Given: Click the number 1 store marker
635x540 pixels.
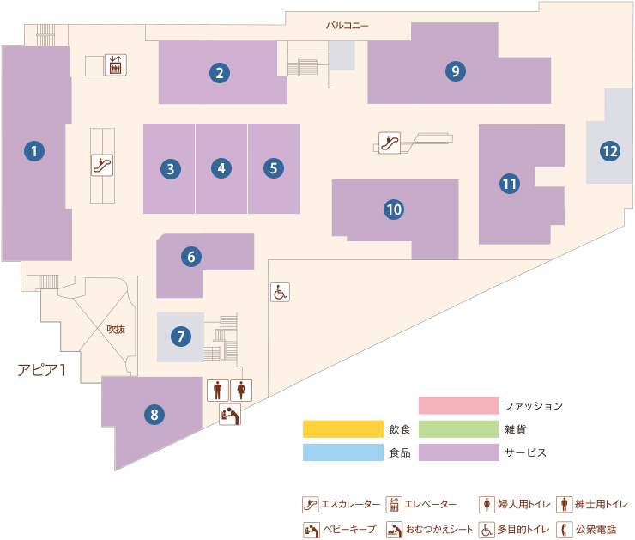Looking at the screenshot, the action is [x=34, y=151].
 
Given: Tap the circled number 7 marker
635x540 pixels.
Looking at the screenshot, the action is [x=180, y=337].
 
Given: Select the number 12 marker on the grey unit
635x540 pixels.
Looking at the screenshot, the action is [x=610, y=151].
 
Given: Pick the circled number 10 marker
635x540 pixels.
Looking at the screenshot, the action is [x=394, y=209].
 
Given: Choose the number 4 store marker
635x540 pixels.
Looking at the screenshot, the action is [x=221, y=168].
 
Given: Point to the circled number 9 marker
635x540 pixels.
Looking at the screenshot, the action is [x=456, y=71].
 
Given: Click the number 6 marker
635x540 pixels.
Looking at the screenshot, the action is [x=191, y=257].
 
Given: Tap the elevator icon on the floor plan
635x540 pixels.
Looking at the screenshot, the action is [x=116, y=64].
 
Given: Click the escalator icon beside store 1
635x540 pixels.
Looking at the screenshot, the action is [x=102, y=166].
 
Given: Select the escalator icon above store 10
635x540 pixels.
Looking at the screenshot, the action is [x=390, y=143].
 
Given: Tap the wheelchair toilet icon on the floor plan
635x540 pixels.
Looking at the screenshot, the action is [x=280, y=292].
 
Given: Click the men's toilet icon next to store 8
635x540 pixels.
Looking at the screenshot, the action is [x=218, y=391].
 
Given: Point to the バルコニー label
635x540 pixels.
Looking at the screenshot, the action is [x=348, y=26].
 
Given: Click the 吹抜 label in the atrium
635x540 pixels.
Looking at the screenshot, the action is [x=116, y=329].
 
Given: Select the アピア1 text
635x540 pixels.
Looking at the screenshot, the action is [x=41, y=370].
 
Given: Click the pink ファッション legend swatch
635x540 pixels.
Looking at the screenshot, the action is [x=459, y=405].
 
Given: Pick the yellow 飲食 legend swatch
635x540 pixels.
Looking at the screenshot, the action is [x=343, y=429].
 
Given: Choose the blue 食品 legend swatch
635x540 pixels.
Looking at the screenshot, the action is [x=343, y=452].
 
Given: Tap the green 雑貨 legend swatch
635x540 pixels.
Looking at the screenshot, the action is [x=459, y=429].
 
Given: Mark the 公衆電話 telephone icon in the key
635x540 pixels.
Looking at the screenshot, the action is [x=564, y=529].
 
